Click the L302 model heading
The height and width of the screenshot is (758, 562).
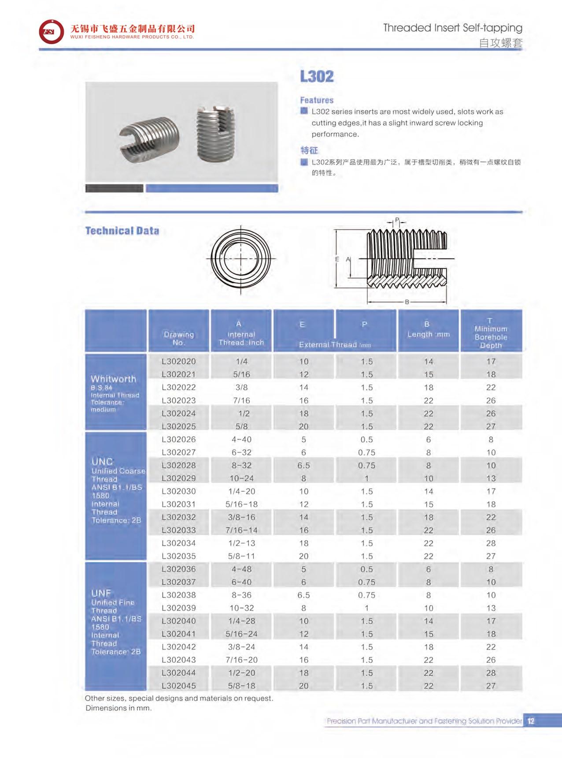pos(317,76)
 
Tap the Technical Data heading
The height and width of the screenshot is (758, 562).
pos(122,231)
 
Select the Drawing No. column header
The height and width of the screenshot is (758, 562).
pos(178,338)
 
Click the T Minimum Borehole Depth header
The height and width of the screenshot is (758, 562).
pos(491,333)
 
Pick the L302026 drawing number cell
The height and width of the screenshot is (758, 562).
pos(178,439)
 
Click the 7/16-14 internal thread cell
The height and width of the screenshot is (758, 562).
pos(241,530)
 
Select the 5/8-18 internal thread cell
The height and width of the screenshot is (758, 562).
pos(241,686)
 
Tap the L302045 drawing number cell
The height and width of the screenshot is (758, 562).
pos(178,686)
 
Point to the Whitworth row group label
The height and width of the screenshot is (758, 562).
pos(114,379)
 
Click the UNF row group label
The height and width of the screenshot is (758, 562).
pos(101,593)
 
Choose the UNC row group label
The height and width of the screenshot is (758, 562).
pos(102,462)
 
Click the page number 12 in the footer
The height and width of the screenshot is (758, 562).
pos(531,721)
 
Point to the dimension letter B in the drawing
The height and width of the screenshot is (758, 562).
pos(407,302)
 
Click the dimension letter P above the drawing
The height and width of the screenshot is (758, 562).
pos(397,220)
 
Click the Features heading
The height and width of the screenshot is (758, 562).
pos(317,100)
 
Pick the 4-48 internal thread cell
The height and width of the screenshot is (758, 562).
pos(241,569)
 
